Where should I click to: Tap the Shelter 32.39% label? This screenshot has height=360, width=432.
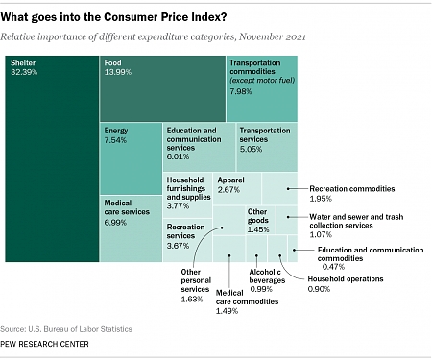(24, 67)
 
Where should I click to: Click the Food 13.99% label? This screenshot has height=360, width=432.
(119, 67)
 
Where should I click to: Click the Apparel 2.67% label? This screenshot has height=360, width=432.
(231, 185)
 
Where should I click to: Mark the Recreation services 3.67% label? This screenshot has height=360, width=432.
(186, 236)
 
